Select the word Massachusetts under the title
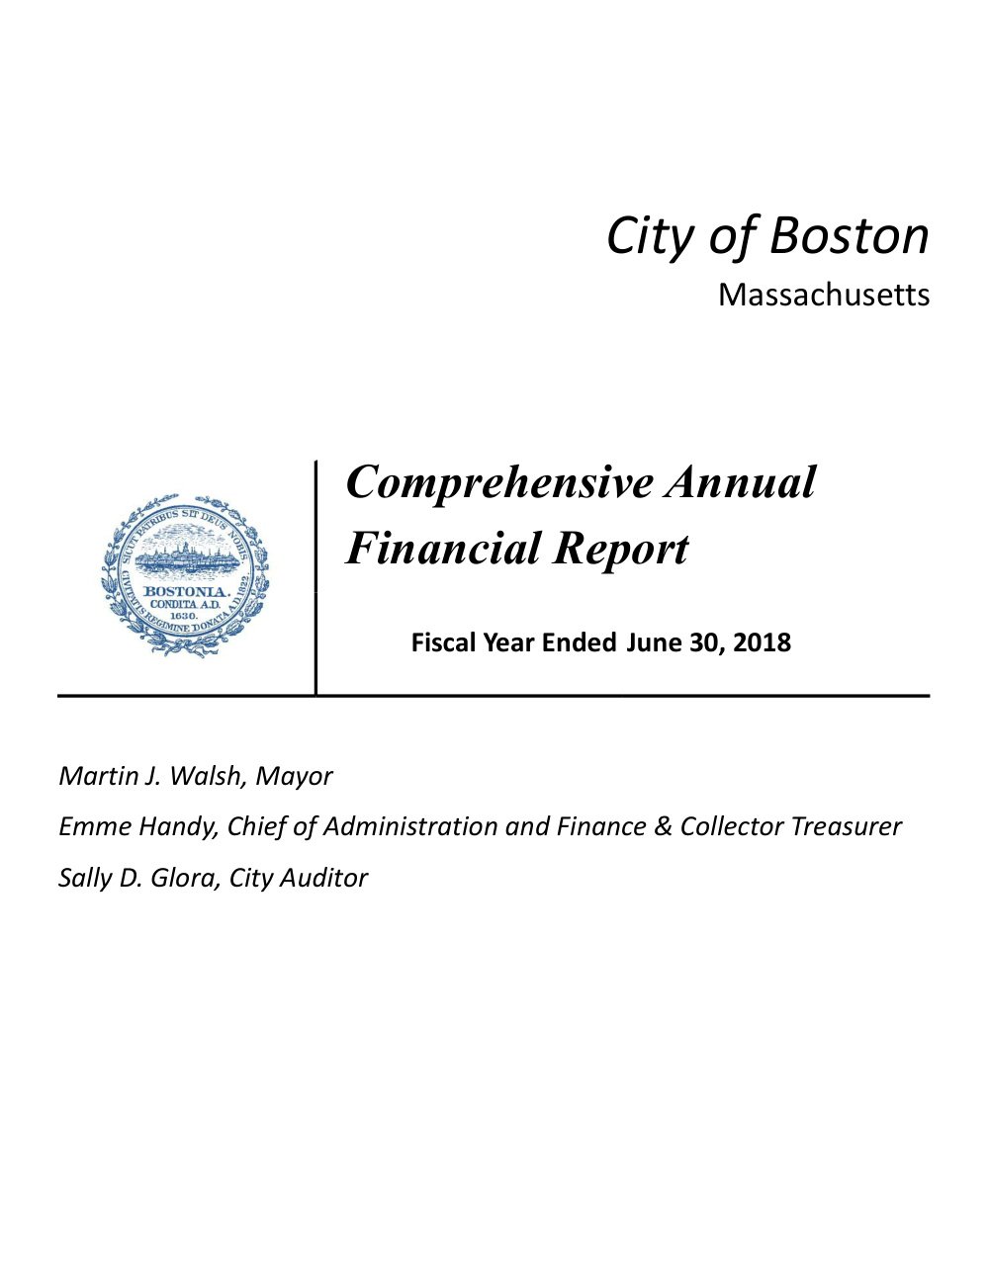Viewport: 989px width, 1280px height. pyautogui.click(x=823, y=295)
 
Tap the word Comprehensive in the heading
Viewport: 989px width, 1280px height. pyautogui.click(x=499, y=482)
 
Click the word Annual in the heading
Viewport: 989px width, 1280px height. pyautogui.click(x=741, y=482)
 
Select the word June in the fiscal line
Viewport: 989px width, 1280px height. pyautogui.click(x=649, y=642)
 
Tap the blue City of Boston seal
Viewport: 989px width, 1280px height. pyautogui.click(x=185, y=576)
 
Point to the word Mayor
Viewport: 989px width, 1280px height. pyautogui.click(x=294, y=776)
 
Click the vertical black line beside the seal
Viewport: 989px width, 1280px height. pyautogui.click(x=316, y=578)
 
